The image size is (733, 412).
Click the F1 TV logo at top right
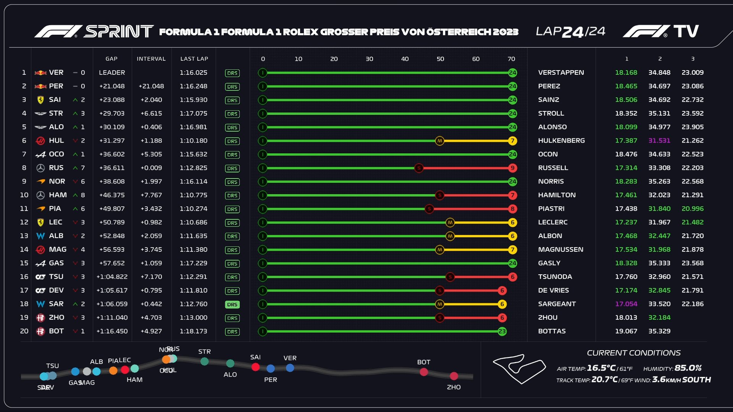[x=661, y=31]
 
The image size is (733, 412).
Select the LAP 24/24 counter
[x=570, y=32]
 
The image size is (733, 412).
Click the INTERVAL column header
[x=151, y=59]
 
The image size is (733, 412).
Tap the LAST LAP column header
[x=194, y=59]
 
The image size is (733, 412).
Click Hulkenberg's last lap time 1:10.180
[x=194, y=141]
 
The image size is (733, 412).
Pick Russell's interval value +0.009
[x=151, y=168]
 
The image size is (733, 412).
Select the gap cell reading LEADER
[x=112, y=72]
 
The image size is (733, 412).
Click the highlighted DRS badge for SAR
[x=232, y=304]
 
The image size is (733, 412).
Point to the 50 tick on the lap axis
[x=440, y=59]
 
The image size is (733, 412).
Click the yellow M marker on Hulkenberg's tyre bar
[x=440, y=141]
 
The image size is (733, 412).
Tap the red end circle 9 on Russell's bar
[x=512, y=168]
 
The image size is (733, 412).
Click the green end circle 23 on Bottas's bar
[x=502, y=332]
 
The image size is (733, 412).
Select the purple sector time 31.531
[x=659, y=141]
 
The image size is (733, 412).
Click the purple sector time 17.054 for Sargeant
[x=626, y=304]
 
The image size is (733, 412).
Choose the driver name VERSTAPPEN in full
[x=561, y=72]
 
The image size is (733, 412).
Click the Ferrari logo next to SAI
[x=40, y=100]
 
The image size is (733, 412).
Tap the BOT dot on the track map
[x=424, y=372]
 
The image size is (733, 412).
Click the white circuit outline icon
[x=519, y=369]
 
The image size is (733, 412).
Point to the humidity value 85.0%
[x=688, y=368]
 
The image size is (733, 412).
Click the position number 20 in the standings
[x=24, y=331]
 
